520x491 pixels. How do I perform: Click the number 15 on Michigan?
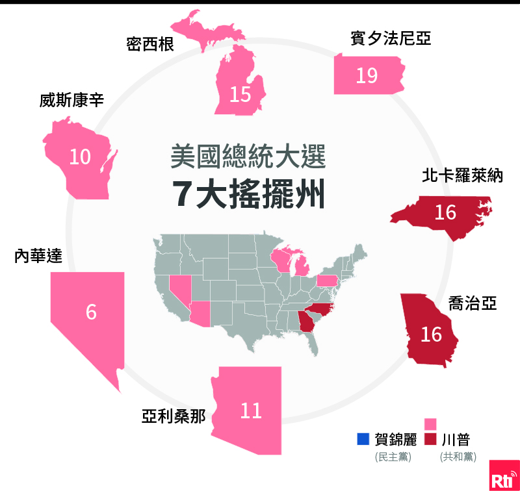[x=240, y=94]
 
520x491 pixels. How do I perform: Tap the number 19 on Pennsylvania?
[x=367, y=76]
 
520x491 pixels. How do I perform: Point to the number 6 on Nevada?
[x=91, y=312]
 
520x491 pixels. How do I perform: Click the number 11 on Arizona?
[x=251, y=410]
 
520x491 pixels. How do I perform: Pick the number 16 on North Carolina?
[x=445, y=212]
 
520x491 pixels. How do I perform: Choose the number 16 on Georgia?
[x=431, y=334]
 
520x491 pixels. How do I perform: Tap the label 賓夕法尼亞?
[x=390, y=40]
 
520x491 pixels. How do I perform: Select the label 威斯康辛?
[x=71, y=101]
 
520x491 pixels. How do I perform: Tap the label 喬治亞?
[x=473, y=303]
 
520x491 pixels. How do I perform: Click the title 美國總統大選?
[x=248, y=157]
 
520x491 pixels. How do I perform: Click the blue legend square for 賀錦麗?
[x=363, y=440]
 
